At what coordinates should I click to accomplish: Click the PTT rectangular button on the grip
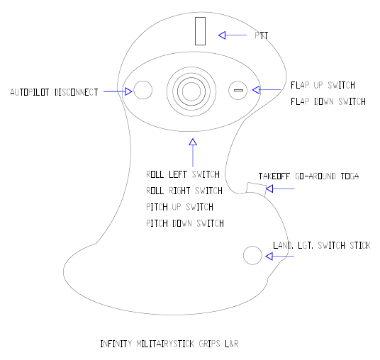pos(200,31)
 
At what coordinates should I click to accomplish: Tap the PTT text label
pos(261,35)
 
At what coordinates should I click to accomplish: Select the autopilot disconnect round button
pos(143,90)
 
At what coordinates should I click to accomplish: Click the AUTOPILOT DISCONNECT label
pos(54,92)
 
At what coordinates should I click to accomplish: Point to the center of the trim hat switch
pos(191,91)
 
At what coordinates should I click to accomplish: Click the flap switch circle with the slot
pos(238,91)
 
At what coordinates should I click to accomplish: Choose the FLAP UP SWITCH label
pos(323,85)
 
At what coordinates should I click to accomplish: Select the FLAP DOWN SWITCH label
pos(328,101)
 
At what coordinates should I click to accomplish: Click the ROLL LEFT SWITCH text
pos(183,174)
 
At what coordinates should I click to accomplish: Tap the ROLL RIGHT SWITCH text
pos(184,191)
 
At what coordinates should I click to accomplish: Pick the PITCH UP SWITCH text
pos(180,207)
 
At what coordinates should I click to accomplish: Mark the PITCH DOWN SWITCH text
pos(185,223)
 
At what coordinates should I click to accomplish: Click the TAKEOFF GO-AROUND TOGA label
pos(309,176)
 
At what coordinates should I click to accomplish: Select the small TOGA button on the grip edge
pos(257,189)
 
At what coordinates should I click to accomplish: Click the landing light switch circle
pos(252,255)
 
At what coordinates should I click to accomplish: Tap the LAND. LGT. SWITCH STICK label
pos(322,245)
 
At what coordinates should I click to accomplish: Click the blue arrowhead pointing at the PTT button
pos(222,35)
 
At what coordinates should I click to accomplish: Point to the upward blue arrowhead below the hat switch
pos(193,142)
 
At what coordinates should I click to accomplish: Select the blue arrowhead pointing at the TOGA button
pos(269,189)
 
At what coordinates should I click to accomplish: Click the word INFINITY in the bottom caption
pos(116,344)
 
